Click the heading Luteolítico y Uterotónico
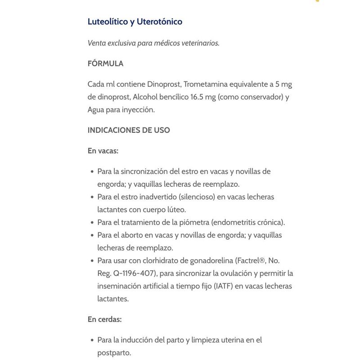[x=135, y=22]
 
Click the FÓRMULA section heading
[x=105, y=63]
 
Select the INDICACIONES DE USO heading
[x=129, y=130]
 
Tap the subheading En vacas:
[x=103, y=151]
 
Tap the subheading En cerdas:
[x=105, y=319]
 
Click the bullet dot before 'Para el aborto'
[x=92, y=235]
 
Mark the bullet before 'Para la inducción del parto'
[x=92, y=341]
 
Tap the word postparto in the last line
[x=114, y=353]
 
